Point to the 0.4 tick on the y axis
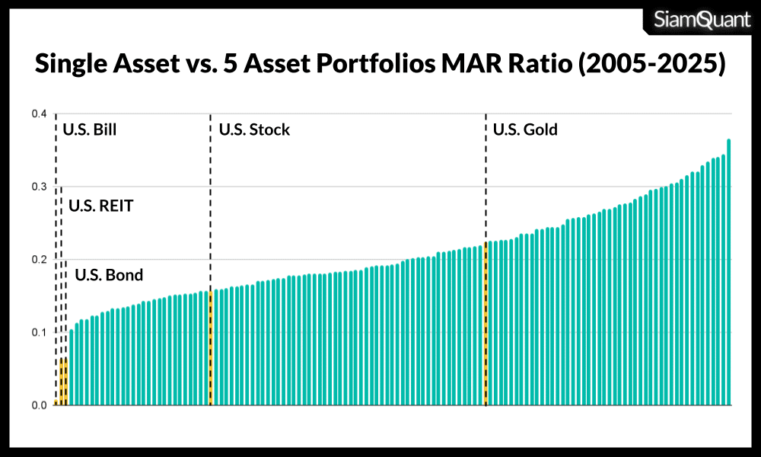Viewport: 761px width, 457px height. pyautogui.click(x=39, y=114)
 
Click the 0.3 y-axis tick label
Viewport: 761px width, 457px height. pyautogui.click(x=39, y=187)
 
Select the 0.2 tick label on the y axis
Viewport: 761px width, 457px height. pyautogui.click(x=39, y=260)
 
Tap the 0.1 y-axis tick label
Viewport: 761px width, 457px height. pyautogui.click(x=39, y=332)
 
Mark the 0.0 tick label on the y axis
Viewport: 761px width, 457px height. pyautogui.click(x=39, y=405)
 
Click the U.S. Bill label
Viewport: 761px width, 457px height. pyautogui.click(x=90, y=129)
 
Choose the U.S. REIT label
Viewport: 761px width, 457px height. pyautogui.click(x=100, y=206)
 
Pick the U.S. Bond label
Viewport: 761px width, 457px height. pyautogui.click(x=108, y=275)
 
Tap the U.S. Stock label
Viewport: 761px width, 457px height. pyautogui.click(x=254, y=129)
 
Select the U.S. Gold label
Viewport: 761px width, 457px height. pyautogui.click(x=525, y=129)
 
